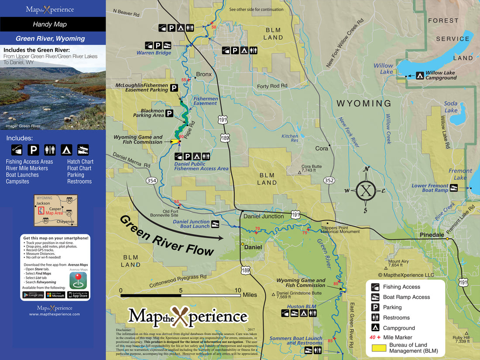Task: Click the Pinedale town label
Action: pos(431,235)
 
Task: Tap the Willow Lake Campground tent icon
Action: pos(419,75)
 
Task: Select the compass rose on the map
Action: pos(367,190)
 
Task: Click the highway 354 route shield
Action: pos(151,181)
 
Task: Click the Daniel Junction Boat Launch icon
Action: pos(215,224)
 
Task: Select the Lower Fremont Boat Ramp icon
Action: pos(454,188)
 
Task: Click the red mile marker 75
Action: pos(305,232)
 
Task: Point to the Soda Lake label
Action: pos(451,107)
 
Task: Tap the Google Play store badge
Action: pos(33,295)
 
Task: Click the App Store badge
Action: pos(78,295)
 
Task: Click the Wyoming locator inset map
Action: pos(56,210)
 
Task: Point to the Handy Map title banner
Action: pos(52,24)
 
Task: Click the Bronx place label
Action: pos(203,74)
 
